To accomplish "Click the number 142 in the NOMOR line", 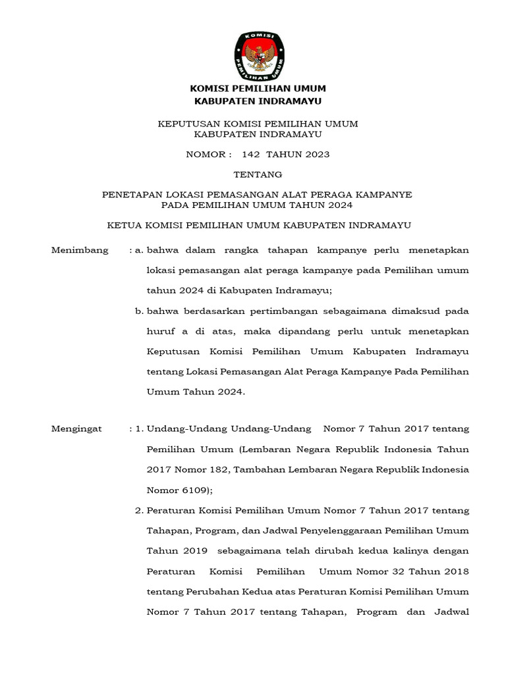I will point(252,155).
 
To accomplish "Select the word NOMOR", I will point(206,155).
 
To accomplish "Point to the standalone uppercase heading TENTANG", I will point(258,174).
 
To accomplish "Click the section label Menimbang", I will point(80,251).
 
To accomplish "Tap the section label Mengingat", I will point(77,429).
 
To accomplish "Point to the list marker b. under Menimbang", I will point(139,311).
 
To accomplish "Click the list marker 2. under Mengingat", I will point(139,511).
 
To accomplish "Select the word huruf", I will point(161,331).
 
